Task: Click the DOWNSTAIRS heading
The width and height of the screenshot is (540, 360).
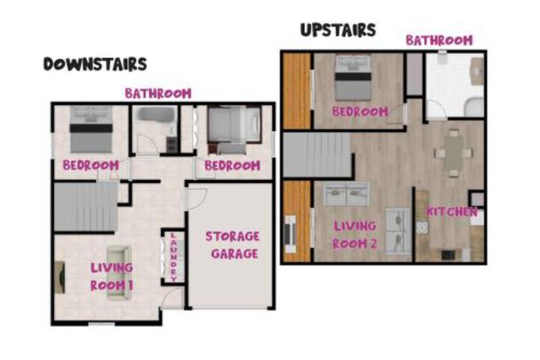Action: [x=95, y=64]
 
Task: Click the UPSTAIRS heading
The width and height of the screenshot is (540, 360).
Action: [x=338, y=30]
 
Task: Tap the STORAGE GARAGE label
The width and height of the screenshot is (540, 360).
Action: [x=232, y=245]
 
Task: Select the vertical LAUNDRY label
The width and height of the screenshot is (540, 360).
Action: [x=173, y=256]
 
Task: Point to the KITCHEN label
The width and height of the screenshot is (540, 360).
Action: [x=451, y=211]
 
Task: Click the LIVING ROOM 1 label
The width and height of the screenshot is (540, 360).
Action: [x=112, y=276]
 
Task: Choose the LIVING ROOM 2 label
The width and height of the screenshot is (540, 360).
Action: [x=355, y=235]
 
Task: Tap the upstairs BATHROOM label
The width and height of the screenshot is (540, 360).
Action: [x=439, y=40]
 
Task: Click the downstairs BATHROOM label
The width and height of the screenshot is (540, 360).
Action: [x=158, y=93]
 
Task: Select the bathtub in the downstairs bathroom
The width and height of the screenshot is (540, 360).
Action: [x=156, y=114]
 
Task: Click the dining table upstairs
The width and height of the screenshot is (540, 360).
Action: [x=453, y=152]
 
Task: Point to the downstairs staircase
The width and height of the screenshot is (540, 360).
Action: [x=86, y=206]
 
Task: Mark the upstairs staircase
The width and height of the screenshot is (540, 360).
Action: [x=317, y=154]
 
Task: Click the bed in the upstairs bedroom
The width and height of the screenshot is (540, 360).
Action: [x=353, y=77]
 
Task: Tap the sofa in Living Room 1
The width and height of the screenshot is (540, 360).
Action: [x=118, y=272]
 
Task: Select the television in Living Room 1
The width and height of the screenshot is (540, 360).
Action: [x=60, y=277]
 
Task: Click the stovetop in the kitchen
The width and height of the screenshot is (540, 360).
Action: [x=422, y=227]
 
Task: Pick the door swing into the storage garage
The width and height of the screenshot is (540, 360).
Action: [x=196, y=199]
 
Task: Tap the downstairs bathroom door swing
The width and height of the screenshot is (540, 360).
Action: [x=148, y=144]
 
